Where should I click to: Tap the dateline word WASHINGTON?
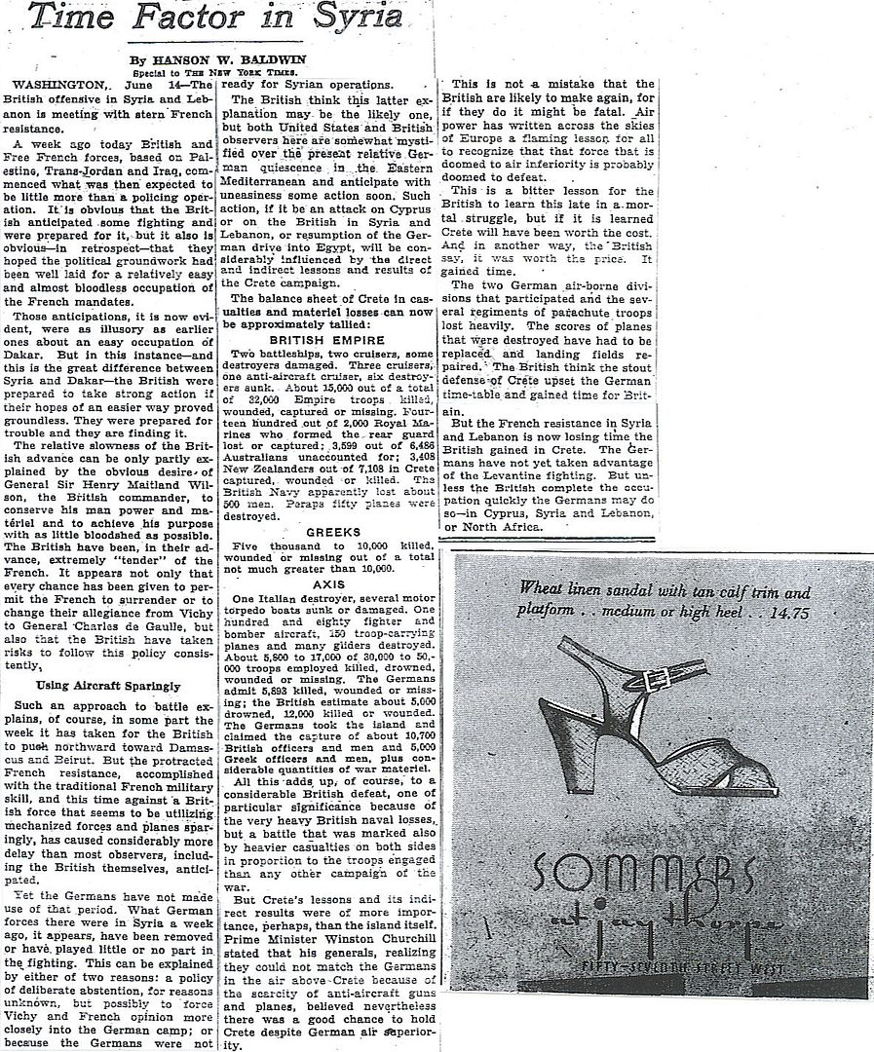click(55, 84)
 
